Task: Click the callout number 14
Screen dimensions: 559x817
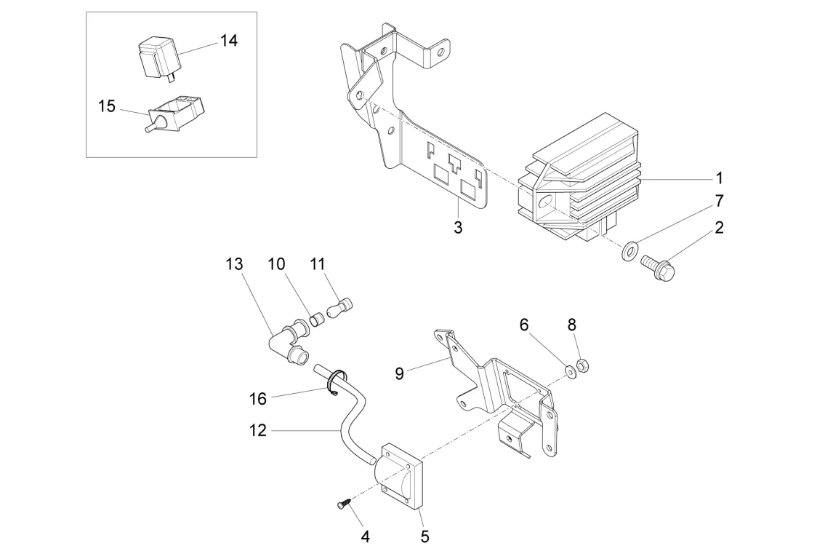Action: click(228, 40)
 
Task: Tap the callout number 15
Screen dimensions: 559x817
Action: click(107, 106)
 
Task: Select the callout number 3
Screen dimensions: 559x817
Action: click(458, 227)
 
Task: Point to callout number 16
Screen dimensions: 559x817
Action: click(258, 398)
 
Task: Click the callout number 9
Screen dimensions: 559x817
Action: click(399, 373)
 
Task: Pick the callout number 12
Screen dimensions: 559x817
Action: click(258, 431)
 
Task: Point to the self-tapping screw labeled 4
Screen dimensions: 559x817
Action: click(343, 502)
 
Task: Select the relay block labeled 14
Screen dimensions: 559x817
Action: click(157, 58)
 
